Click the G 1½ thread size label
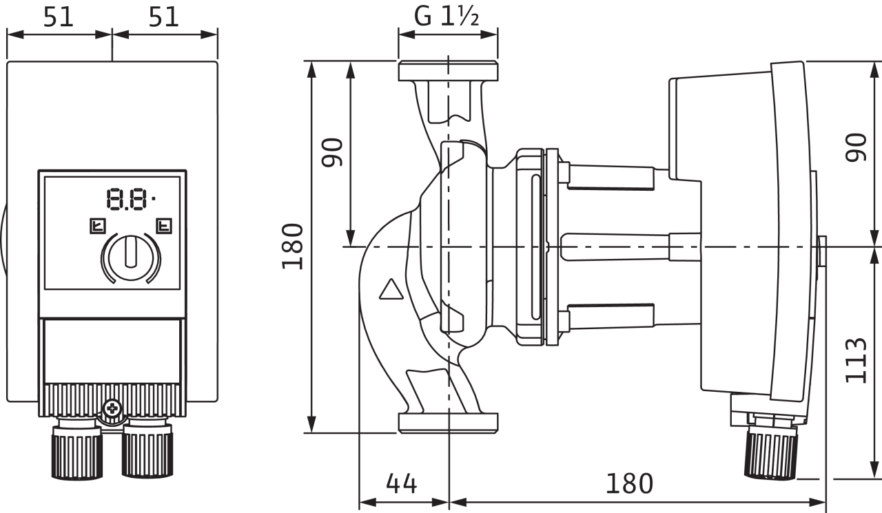(x=447, y=17)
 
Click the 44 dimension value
(x=401, y=483)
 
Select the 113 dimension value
(x=856, y=360)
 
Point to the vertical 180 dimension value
(x=293, y=247)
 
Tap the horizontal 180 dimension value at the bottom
(x=629, y=483)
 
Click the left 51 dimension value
(x=59, y=17)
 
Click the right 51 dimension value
(x=163, y=17)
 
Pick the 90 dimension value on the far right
(x=856, y=147)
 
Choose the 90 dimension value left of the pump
(x=332, y=152)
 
